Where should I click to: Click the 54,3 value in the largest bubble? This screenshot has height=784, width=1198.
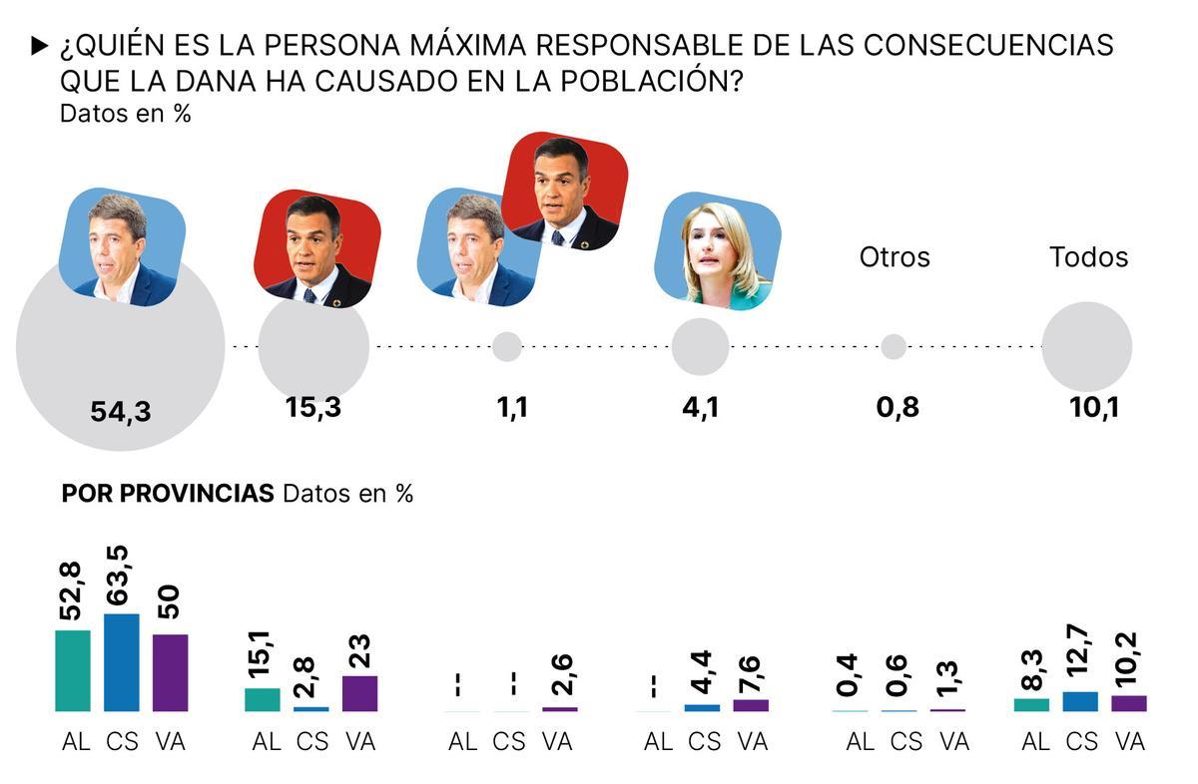click(121, 411)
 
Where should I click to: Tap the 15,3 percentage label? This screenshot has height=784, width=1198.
click(312, 407)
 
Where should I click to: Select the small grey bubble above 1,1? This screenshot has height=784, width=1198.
click(507, 346)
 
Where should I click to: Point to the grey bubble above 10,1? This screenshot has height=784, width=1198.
click(1086, 347)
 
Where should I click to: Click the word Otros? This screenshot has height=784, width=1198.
click(895, 257)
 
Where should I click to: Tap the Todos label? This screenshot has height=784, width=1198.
click(1088, 257)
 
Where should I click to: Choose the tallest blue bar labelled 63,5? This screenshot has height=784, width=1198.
click(122, 662)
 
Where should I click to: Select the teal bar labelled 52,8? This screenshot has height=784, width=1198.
click(73, 670)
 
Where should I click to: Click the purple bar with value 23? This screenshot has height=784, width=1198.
click(359, 693)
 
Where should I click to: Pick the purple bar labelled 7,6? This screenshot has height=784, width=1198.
click(751, 705)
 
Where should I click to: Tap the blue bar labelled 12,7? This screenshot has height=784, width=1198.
click(1080, 701)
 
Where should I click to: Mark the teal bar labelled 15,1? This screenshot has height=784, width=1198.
click(263, 699)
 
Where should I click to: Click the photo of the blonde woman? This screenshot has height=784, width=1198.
click(718, 252)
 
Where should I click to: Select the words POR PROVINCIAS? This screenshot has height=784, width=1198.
click(168, 494)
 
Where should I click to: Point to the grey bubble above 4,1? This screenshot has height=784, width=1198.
click(700, 347)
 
